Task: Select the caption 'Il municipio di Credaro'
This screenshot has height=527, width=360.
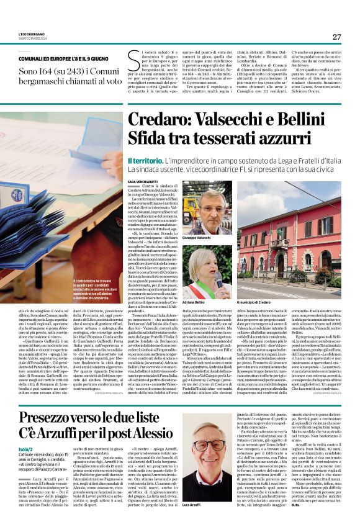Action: click(x=255, y=300)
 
